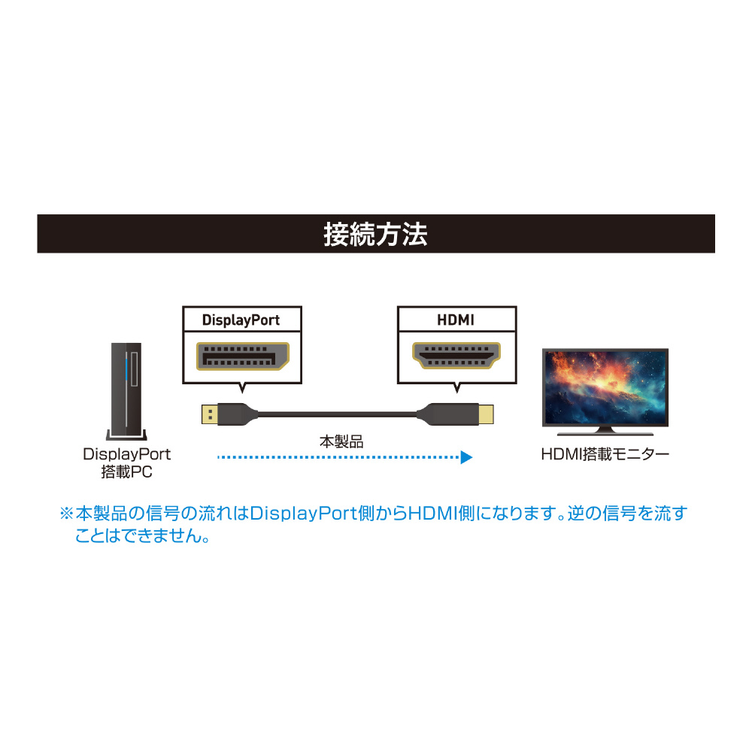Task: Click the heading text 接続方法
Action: tap(375, 234)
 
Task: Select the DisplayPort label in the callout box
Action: tap(241, 320)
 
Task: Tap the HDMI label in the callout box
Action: tap(456, 320)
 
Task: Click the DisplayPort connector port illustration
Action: tap(243, 356)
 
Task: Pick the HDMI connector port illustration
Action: tap(456, 356)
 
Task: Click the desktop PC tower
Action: tap(126, 391)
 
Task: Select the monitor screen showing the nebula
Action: tap(605, 387)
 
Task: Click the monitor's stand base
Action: tap(605, 432)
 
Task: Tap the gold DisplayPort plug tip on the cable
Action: tap(210, 414)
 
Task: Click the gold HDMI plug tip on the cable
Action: tap(486, 414)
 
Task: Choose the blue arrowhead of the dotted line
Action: tap(467, 457)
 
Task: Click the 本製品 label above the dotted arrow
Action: tap(341, 441)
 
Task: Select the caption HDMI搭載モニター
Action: tap(605, 453)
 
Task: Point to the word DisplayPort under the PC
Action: tap(126, 454)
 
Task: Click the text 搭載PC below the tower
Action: tap(126, 472)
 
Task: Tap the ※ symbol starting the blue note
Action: tap(66, 514)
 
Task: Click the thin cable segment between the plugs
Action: tap(337, 414)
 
